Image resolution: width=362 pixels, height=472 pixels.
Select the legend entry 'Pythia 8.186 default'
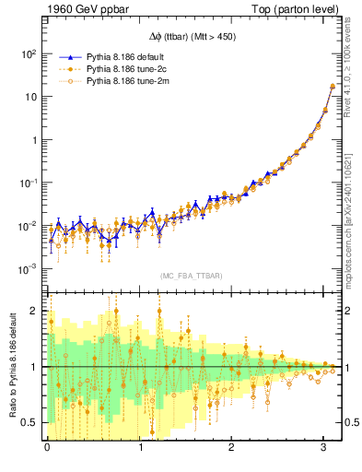[129, 56]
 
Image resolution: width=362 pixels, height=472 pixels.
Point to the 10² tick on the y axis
[29, 54]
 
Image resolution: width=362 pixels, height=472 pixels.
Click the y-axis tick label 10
[30, 97]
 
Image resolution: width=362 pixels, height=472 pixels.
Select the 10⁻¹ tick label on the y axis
[29, 183]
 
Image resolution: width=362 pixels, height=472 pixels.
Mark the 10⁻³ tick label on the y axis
[29, 269]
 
